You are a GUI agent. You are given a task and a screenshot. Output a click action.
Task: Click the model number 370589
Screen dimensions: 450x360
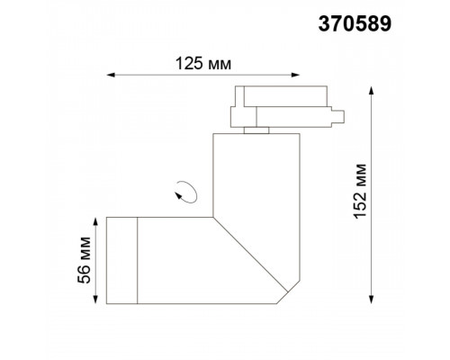click(x=355, y=24)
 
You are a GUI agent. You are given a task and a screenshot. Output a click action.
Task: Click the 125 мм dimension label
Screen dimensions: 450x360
click(x=203, y=64)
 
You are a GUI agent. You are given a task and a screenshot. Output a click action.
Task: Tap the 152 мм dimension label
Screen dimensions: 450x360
click(x=360, y=192)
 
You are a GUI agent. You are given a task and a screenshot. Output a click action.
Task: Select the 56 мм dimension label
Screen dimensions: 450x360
click(x=84, y=260)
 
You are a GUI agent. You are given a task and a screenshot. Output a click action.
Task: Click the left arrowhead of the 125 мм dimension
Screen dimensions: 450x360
click(x=111, y=75)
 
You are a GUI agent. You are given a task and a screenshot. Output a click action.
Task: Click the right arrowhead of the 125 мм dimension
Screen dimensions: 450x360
click(x=295, y=75)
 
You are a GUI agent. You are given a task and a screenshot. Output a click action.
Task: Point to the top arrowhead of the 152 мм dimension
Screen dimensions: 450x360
click(x=372, y=91)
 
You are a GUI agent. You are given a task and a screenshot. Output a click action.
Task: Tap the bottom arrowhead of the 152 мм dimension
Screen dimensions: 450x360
click(x=372, y=300)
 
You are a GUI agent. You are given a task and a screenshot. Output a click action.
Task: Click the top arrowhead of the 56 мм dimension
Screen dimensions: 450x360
click(x=95, y=222)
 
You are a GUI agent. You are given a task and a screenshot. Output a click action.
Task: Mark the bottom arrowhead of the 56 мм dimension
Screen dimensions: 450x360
click(x=95, y=300)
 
